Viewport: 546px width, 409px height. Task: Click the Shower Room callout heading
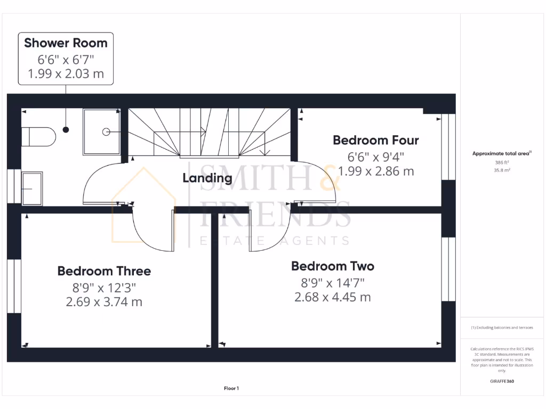66,43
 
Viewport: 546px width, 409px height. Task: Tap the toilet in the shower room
39,136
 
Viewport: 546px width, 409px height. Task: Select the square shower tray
101,132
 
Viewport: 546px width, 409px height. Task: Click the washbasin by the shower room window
31,188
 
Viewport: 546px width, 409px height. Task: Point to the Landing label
207,178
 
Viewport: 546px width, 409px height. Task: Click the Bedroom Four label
376,140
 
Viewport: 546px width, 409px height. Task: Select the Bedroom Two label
333,266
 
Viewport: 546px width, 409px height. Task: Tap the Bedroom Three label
104,271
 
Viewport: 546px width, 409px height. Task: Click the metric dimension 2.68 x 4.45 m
332,297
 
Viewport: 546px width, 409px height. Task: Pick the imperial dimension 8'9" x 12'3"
104,288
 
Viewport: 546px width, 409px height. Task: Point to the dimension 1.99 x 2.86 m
376,171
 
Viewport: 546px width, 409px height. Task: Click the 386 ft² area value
502,162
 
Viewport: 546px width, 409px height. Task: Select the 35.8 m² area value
502,171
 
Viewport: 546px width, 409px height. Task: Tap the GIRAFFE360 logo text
502,381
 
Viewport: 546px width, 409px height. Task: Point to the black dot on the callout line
66,129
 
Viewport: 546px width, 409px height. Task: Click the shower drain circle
106,131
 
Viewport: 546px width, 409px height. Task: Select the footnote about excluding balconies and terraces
502,328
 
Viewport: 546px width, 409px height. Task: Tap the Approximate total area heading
501,153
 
